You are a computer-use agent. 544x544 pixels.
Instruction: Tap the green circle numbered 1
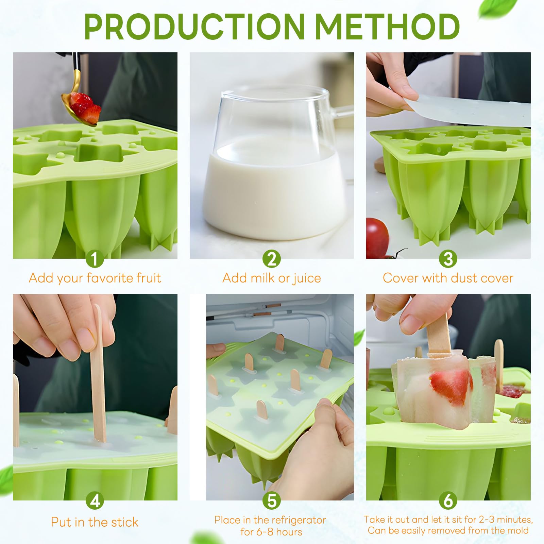95,259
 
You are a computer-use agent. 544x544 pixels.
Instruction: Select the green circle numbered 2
272,259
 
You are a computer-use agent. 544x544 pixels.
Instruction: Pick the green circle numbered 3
448,259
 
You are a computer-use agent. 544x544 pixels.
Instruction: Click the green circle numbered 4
95,500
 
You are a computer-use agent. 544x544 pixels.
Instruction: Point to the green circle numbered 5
272,500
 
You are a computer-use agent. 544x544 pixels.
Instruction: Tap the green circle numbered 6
448,500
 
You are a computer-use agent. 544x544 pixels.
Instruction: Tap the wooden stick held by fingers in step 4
98,374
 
